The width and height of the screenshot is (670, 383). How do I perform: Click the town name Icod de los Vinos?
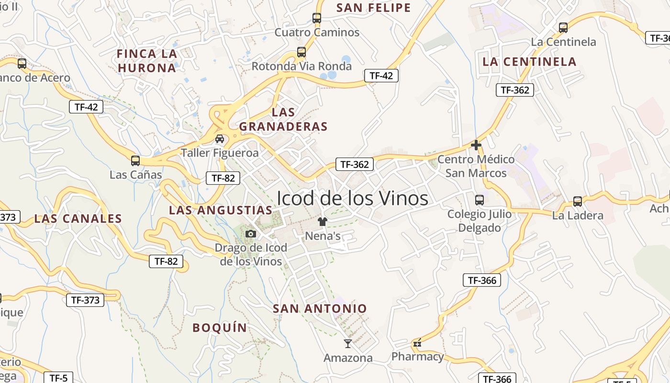[x=352, y=198]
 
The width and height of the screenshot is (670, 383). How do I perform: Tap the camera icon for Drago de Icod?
[x=250, y=234]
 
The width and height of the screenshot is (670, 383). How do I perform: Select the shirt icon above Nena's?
[x=323, y=221]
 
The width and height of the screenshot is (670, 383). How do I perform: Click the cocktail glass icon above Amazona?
[x=348, y=343]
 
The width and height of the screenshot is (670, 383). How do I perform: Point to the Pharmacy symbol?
[x=417, y=343]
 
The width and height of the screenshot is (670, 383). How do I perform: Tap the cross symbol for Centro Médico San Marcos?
[x=476, y=145]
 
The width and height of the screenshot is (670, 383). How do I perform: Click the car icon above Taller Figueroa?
[x=220, y=139]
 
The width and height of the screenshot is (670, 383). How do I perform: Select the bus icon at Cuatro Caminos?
[x=316, y=18]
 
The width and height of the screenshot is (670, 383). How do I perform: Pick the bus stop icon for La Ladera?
[x=578, y=202]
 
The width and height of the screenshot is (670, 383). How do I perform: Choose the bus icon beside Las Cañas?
[x=135, y=160]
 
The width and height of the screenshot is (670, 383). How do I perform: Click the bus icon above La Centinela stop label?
[x=563, y=28]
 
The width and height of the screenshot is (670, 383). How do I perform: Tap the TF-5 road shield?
[x=58, y=378]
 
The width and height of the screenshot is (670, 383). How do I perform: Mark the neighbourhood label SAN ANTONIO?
[x=320, y=309]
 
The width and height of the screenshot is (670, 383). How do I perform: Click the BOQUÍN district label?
[x=220, y=328]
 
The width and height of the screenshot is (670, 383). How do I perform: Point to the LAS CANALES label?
[x=78, y=219]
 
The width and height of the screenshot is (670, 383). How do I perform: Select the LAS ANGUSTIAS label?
[x=221, y=210]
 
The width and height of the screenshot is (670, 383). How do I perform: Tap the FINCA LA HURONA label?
[x=147, y=61]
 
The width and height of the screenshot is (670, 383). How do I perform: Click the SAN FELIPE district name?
[x=374, y=8]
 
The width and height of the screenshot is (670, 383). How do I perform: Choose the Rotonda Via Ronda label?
[x=301, y=66]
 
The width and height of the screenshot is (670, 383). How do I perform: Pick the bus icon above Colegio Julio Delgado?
[x=479, y=200]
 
